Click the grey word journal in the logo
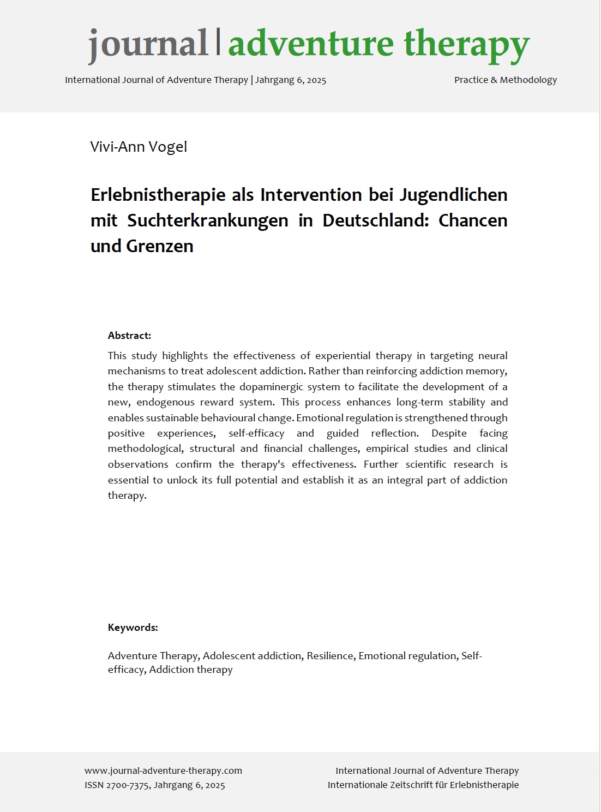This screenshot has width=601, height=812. point(148,44)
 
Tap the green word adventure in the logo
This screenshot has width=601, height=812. point(311,44)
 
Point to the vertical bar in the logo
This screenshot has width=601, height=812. point(218,41)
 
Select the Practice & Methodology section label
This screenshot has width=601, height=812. point(505,80)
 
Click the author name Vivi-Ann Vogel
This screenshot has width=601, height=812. point(139,147)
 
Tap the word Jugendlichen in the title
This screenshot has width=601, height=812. point(453,195)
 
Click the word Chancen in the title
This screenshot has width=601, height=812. point(472,220)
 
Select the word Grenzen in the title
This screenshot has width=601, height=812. point(160,246)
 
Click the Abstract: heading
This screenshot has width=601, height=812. point(129,336)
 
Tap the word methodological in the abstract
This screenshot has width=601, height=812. point(146,449)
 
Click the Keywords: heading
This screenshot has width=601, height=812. point(133,628)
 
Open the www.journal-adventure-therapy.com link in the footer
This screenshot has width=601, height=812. point(163,771)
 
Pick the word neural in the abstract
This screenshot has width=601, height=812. point(492,356)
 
